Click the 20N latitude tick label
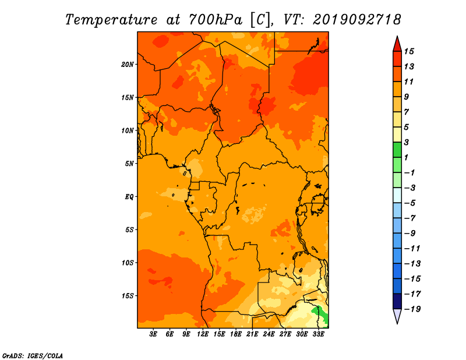128,65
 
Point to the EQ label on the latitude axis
129,197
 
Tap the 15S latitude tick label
128,296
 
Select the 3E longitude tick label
153,334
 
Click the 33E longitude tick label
318,334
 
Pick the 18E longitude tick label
236,334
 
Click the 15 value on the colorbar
409,51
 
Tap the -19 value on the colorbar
413,309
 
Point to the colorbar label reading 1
406,157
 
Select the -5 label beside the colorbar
411,203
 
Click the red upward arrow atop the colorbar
397,44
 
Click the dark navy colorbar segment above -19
397,301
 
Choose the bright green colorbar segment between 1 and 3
397,150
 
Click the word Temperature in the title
111,20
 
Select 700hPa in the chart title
216,20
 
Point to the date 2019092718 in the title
356,20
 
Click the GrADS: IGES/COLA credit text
33,356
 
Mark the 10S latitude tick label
128,263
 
